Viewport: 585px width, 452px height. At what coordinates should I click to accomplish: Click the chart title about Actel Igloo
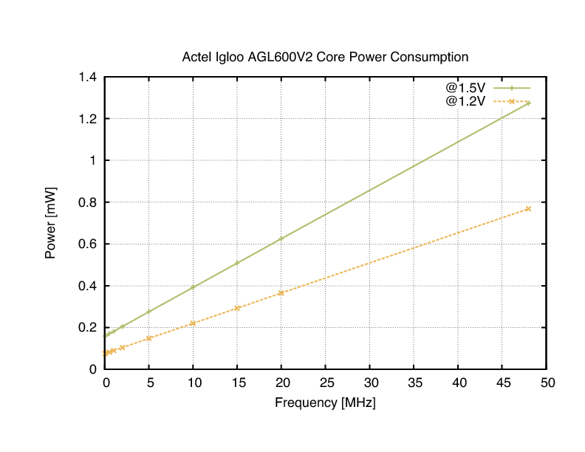tap(325, 57)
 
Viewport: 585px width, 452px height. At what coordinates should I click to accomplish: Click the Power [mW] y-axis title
tap(51, 222)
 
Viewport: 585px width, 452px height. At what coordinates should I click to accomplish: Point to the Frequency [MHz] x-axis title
tap(325, 403)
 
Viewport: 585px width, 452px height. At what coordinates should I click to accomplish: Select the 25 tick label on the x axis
tap(326, 383)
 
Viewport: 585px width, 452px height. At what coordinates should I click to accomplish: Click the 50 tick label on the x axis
tap(547, 383)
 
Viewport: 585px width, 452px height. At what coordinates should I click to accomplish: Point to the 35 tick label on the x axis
tap(414, 383)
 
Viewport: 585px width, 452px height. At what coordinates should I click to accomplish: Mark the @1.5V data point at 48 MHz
tap(528, 103)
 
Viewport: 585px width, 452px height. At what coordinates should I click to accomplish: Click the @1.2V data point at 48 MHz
tap(528, 209)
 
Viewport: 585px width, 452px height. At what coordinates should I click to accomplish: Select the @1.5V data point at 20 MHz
tap(281, 238)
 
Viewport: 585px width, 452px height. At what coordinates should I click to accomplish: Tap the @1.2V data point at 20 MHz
tap(281, 293)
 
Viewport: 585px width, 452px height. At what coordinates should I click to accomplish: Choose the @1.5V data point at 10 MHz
tap(193, 287)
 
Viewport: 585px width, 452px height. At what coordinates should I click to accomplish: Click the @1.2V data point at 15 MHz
tap(237, 308)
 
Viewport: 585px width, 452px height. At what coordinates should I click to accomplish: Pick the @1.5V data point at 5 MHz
tap(148, 312)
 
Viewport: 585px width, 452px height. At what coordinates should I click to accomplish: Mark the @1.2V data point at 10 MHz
tap(193, 323)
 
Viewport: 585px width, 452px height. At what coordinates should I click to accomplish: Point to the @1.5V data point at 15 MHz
tap(237, 263)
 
